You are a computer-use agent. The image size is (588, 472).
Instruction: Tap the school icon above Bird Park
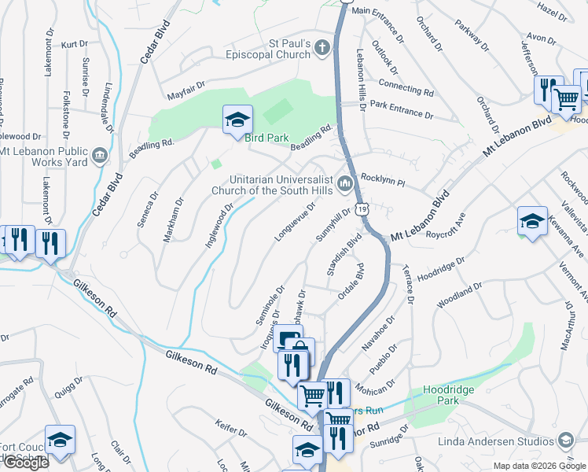237,120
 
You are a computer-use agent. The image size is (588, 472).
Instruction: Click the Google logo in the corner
26,463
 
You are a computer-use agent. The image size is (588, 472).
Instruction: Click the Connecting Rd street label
406,86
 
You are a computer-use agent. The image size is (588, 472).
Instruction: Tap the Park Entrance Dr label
402,109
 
